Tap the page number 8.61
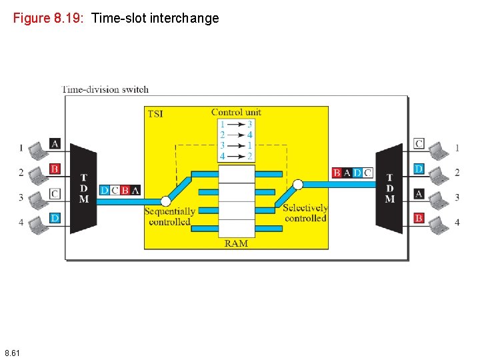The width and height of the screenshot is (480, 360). click(x=13, y=352)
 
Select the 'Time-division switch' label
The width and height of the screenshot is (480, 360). click(x=105, y=89)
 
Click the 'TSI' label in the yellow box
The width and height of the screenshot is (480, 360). click(x=155, y=114)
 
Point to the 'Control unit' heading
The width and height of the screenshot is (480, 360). click(x=236, y=112)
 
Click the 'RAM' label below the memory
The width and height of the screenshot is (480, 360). click(x=236, y=243)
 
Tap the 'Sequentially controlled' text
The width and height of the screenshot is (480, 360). click(x=170, y=216)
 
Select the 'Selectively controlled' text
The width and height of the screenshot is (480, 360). click(x=305, y=213)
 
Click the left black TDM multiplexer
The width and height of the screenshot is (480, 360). click(x=83, y=189)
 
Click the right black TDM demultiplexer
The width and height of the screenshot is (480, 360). click(x=389, y=189)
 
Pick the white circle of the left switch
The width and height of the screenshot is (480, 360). click(x=166, y=201)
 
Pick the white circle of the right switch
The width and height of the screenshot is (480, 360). click(x=298, y=185)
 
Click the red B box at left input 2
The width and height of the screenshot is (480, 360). click(x=55, y=169)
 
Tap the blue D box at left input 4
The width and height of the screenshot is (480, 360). click(x=55, y=218)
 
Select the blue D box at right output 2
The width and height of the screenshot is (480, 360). click(x=419, y=169)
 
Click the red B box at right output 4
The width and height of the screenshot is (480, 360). click(x=419, y=218)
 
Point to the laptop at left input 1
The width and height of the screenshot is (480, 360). click(x=37, y=147)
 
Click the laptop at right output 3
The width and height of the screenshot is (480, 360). click(x=437, y=197)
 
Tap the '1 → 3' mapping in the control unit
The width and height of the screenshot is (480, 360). click(x=236, y=124)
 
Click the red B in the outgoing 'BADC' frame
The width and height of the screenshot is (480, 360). click(x=337, y=173)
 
